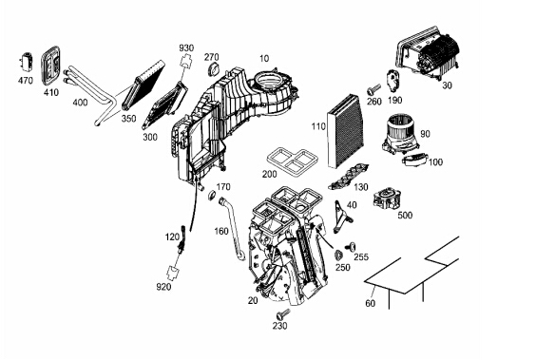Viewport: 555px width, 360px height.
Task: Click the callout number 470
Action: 25,81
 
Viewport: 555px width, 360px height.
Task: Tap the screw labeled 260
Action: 373,88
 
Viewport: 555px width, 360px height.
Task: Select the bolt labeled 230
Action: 282,314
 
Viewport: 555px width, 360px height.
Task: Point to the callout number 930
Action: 186,47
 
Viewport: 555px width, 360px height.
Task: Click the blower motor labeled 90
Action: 400,133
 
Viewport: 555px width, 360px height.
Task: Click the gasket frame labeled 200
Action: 293,162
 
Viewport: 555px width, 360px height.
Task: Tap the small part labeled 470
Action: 27,62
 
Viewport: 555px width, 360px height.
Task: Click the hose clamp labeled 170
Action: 212,195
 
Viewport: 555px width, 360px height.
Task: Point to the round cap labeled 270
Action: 212,69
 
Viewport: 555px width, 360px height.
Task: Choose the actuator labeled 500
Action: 387,199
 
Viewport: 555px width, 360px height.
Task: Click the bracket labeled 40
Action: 341,216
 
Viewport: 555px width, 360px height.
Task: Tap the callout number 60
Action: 371,303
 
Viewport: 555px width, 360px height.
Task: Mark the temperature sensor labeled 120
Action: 182,239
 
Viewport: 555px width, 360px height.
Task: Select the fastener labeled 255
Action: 351,246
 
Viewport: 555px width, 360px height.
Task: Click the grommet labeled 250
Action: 338,255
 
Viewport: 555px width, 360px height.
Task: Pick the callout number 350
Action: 129,119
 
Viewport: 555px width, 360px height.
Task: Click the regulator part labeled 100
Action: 415,160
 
